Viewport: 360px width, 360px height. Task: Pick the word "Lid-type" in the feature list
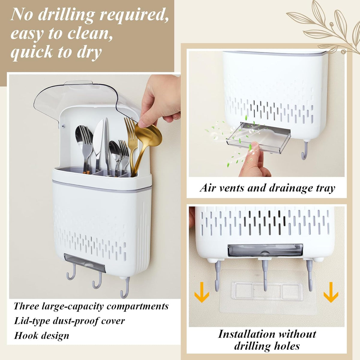32,321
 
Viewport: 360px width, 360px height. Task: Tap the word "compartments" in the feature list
137,306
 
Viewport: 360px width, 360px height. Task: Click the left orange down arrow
202,292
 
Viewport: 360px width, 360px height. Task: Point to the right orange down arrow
331,292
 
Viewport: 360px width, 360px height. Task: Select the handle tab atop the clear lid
79,82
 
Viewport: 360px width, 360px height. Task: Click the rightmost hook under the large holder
125,288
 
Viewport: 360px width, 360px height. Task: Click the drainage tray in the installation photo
265,250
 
